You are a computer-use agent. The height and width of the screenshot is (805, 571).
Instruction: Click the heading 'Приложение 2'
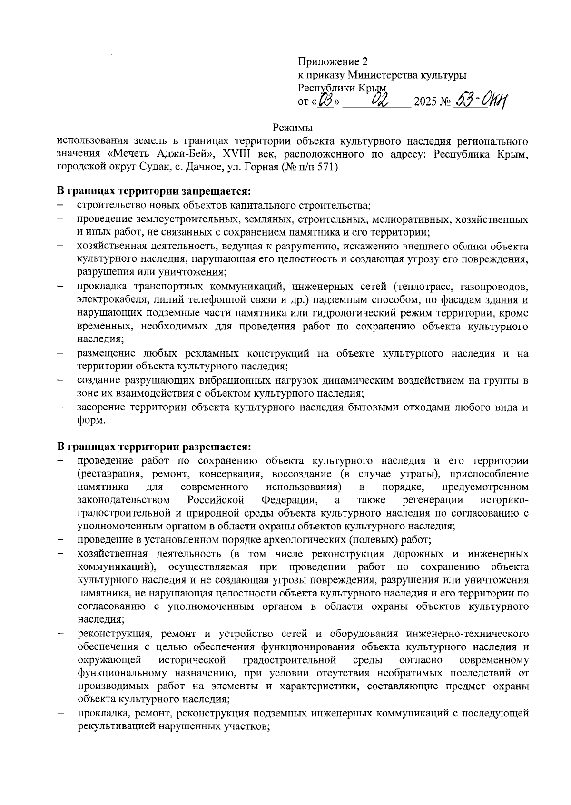point(333,62)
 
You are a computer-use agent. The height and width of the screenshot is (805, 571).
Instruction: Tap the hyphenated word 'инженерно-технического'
point(468,634)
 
